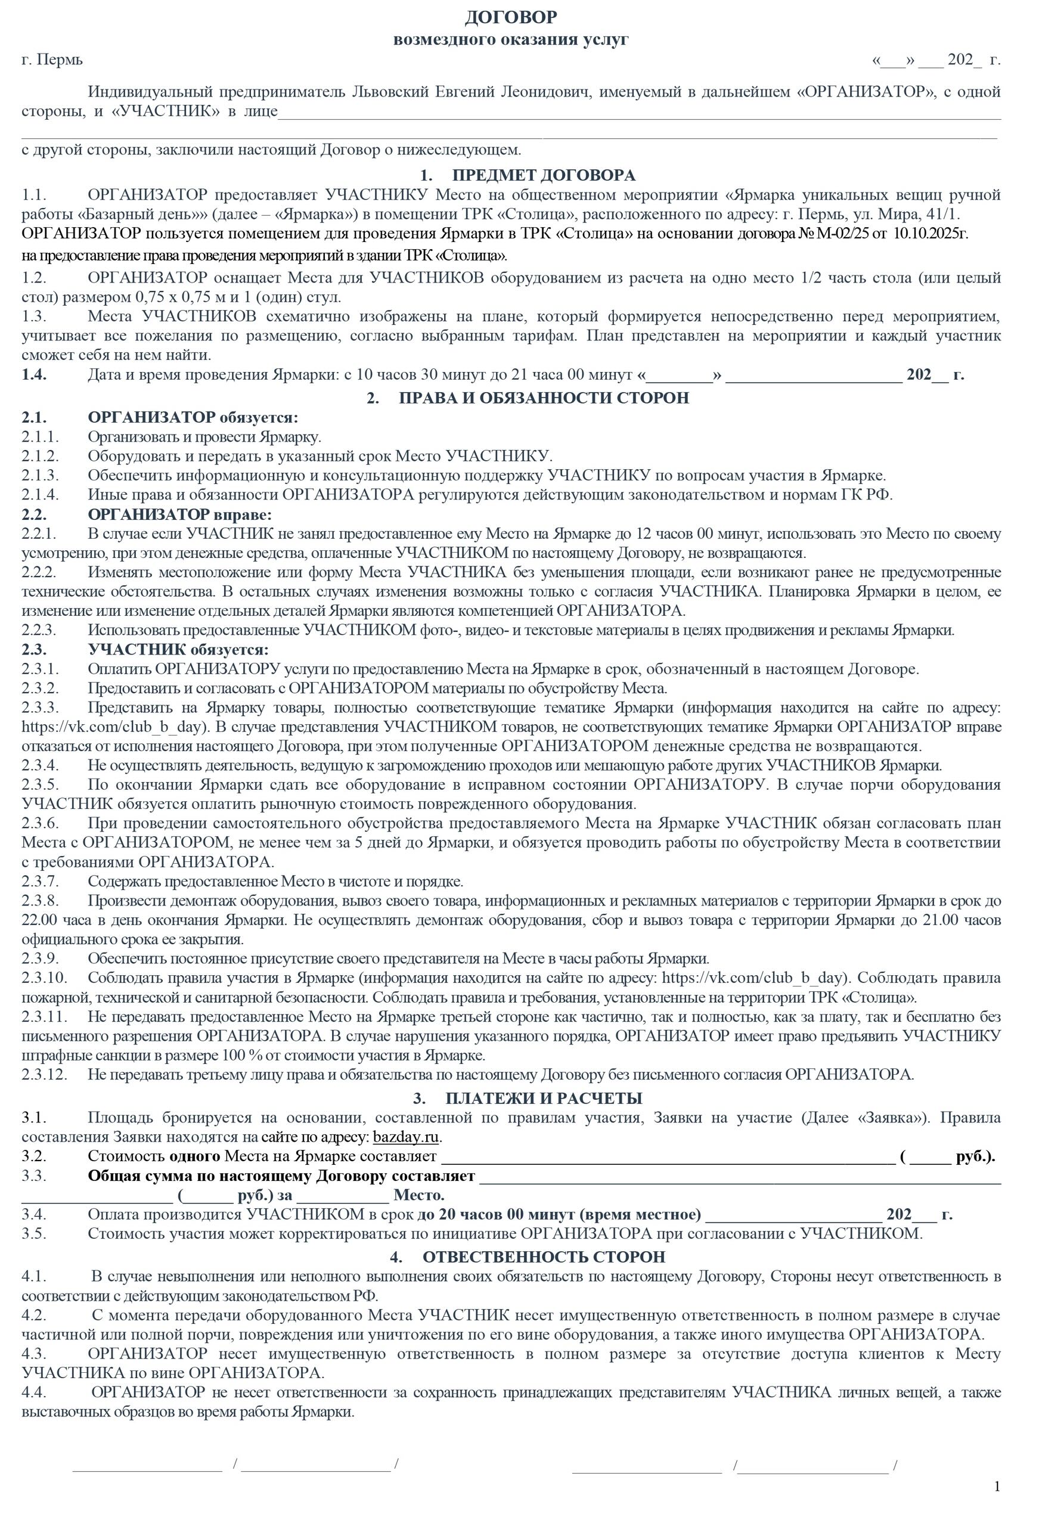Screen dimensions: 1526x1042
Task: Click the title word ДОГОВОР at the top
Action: (511, 17)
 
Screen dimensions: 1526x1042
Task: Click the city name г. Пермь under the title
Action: (52, 60)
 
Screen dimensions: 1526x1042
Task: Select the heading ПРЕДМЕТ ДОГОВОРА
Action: (543, 175)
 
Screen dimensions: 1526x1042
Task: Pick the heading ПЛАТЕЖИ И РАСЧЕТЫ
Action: (543, 1098)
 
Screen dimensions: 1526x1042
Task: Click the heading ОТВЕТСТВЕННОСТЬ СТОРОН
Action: (543, 1257)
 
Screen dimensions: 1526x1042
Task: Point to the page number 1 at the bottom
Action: (997, 1487)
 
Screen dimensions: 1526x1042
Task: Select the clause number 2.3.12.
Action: (44, 1074)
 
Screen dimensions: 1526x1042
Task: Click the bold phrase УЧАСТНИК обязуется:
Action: (178, 650)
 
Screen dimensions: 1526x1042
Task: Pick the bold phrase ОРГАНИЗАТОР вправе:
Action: (180, 514)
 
